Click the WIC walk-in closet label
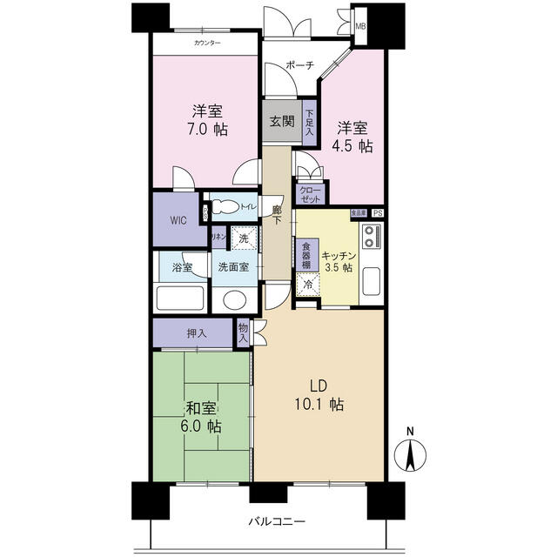point(178,219)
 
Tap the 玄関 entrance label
point(280,120)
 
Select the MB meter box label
point(360,26)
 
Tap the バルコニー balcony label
point(277,521)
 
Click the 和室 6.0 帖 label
point(201,417)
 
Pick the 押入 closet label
point(197,332)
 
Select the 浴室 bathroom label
point(182,267)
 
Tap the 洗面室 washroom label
point(233,267)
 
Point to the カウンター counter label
point(206,44)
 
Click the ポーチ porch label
point(299,66)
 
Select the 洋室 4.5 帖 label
point(355,137)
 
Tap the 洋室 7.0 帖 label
point(208,119)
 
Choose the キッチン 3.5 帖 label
point(339,261)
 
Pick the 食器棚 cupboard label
point(305,257)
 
